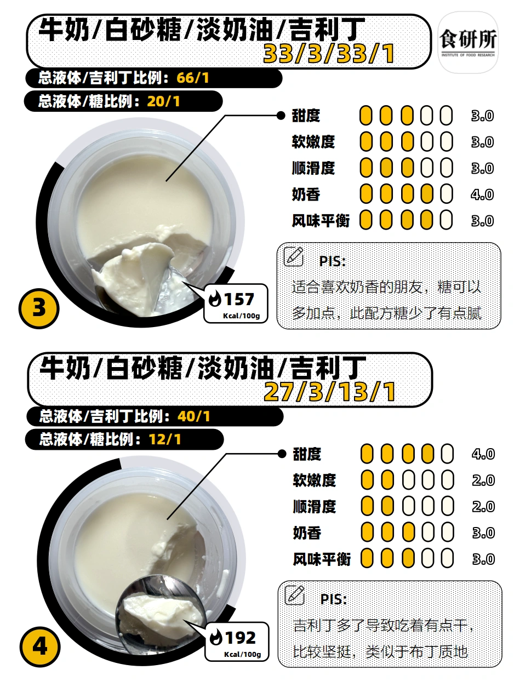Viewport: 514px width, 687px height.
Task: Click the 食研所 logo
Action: click(x=468, y=43)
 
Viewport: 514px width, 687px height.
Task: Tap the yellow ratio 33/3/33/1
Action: click(x=329, y=54)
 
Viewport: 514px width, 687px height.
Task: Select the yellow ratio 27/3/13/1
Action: click(x=330, y=392)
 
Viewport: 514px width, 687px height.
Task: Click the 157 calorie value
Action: click(x=239, y=299)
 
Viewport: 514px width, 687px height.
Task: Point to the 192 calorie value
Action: click(x=240, y=638)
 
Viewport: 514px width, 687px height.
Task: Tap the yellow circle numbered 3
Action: click(x=39, y=308)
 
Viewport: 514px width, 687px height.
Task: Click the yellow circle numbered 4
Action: click(x=40, y=646)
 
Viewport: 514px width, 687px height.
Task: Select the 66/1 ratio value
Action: click(x=192, y=78)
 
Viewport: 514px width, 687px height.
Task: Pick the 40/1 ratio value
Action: click(x=194, y=416)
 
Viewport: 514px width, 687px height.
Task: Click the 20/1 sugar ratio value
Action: click(x=163, y=101)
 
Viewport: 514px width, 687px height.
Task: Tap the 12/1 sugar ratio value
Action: click(x=165, y=439)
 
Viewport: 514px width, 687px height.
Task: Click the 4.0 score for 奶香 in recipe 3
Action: click(x=482, y=194)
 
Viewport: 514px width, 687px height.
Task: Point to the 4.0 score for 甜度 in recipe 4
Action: click(x=483, y=454)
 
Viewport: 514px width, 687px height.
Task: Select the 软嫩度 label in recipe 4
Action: click(x=315, y=480)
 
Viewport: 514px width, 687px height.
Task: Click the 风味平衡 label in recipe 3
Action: click(x=321, y=221)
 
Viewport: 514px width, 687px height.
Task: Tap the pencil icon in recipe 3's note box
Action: click(x=293, y=256)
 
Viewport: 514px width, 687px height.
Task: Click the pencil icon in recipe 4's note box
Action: click(x=295, y=595)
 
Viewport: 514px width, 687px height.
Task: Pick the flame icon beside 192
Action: click(x=216, y=638)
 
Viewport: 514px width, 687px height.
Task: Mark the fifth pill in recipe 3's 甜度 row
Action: click(x=446, y=116)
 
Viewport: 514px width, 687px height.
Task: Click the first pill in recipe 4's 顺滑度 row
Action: click(x=367, y=506)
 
